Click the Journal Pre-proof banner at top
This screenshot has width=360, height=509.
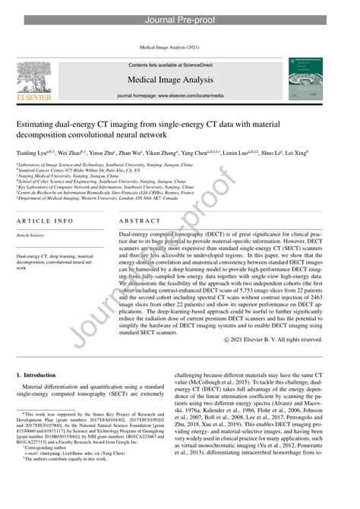180,9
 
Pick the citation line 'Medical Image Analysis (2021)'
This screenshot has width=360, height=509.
180,47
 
